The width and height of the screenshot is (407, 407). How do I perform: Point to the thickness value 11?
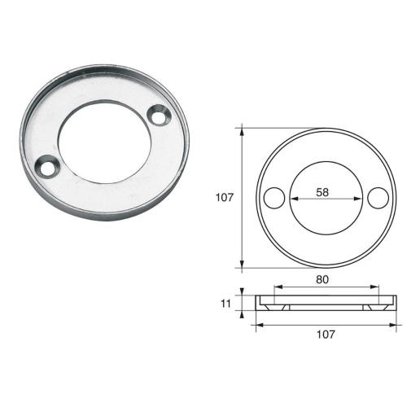click(x=225, y=304)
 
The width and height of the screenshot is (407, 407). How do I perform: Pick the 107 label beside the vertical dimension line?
click(x=225, y=197)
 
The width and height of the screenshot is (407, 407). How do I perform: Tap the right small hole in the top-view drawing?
click(x=376, y=198)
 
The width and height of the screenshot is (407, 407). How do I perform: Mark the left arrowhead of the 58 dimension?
click(x=292, y=198)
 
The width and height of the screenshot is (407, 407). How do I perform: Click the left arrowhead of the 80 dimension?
click(x=277, y=287)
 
